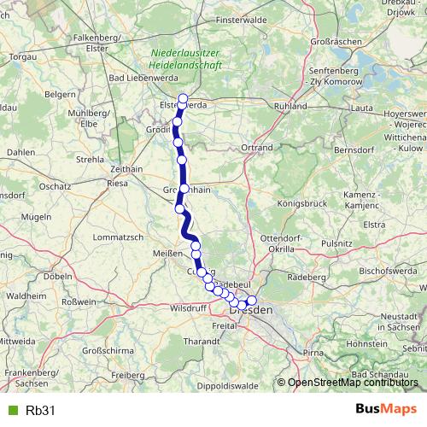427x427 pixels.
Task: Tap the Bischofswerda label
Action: [388, 271]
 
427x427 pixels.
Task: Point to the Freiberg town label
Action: [128, 375]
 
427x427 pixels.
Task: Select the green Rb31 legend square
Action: [11, 411]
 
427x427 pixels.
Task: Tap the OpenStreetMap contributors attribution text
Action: [352, 383]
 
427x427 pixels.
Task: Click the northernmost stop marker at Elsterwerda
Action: [183, 98]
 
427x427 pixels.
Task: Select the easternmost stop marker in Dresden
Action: [251, 300]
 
